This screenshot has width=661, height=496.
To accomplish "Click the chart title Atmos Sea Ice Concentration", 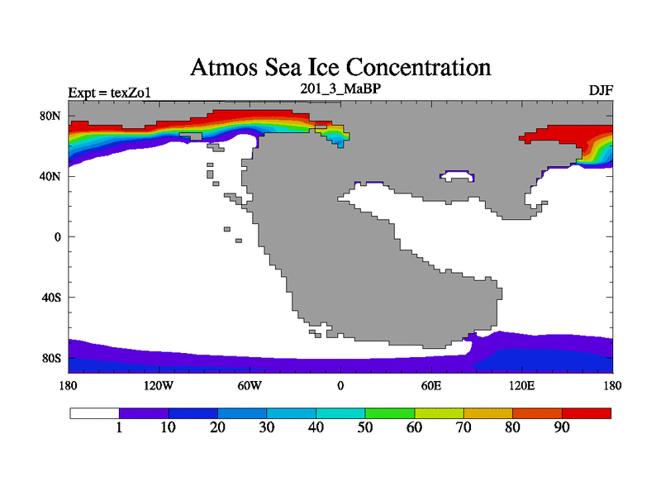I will tap(340, 66).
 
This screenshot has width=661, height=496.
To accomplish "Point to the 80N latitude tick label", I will tap(51, 116).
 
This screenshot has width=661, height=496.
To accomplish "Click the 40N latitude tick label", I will tap(51, 176).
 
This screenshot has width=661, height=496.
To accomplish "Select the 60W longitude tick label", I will tap(249, 385).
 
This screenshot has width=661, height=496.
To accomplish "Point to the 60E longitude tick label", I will tap(430, 385).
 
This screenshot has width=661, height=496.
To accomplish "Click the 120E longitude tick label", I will tap(521, 385).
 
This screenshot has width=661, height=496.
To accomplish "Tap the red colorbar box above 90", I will tap(587, 413).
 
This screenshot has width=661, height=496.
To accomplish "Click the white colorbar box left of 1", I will tap(94, 413).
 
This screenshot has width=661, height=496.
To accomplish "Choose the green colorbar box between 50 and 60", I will tap(390, 413).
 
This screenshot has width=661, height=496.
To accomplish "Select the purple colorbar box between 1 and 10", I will tap(144, 413).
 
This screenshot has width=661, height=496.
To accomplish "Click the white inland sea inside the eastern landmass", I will tap(459, 175).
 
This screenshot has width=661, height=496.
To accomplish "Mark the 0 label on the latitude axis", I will tap(57, 236).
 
